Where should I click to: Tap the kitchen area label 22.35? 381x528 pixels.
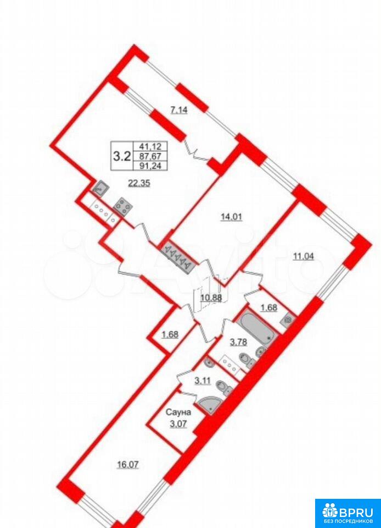139,183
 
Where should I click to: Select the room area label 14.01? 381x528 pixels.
231,217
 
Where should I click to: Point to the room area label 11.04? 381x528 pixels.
304,257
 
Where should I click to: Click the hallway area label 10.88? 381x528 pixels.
211,298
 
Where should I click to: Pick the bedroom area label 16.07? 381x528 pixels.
128,465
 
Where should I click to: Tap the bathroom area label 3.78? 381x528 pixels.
238,343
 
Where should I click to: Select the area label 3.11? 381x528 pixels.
203,381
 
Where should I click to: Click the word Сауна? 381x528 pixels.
179,412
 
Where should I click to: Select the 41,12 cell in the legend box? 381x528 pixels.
153,146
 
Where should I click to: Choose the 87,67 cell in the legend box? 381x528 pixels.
153,156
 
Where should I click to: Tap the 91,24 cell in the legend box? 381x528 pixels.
153,166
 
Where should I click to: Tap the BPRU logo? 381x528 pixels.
348,513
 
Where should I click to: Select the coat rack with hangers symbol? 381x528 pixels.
176,257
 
